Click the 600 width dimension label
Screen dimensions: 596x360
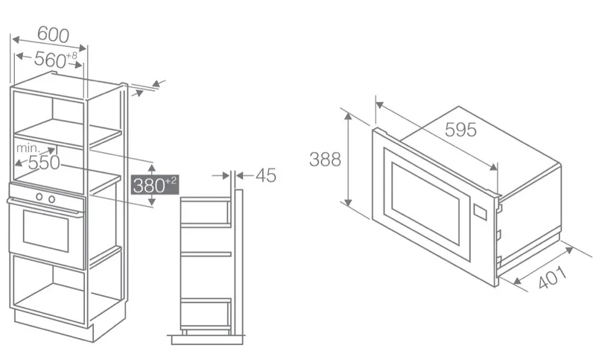click(53, 34)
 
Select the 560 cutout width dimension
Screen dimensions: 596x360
click(50, 60)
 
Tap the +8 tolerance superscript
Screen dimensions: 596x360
click(72, 56)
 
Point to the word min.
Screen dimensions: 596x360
click(28, 148)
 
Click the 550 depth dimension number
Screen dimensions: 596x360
click(44, 162)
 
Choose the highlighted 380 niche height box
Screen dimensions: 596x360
click(155, 185)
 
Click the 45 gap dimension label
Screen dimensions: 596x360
click(266, 175)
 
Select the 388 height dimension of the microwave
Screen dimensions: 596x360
click(325, 160)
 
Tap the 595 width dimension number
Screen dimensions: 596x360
click(460, 130)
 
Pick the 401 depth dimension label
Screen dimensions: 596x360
click(552, 277)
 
